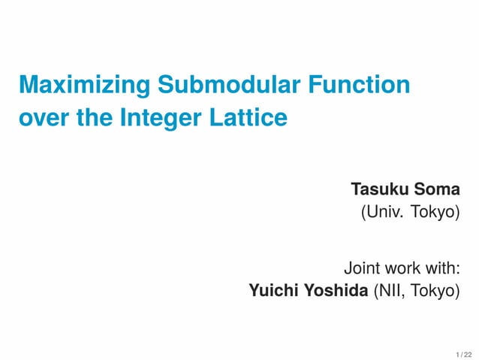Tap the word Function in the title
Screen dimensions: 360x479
(x=360, y=86)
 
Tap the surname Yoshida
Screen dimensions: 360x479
(x=335, y=290)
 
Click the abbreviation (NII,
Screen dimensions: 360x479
(x=389, y=290)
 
